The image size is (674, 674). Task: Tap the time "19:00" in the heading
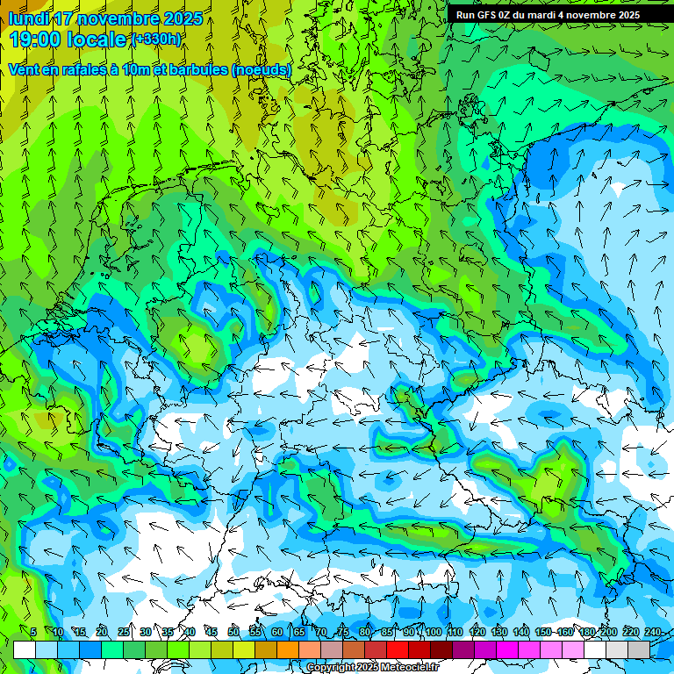(x=39, y=39)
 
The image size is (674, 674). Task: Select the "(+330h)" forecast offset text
(x=156, y=39)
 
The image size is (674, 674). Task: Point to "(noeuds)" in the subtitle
(x=262, y=69)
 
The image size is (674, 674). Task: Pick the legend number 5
(x=33, y=632)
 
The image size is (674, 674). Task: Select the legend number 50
(x=233, y=632)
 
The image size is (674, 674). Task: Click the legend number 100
(x=433, y=632)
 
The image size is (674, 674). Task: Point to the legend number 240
(x=653, y=632)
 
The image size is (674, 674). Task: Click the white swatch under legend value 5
(x=25, y=649)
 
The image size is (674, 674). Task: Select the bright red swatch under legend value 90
(x=398, y=649)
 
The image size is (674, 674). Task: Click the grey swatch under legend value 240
(x=639, y=649)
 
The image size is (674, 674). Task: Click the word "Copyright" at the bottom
(x=331, y=668)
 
